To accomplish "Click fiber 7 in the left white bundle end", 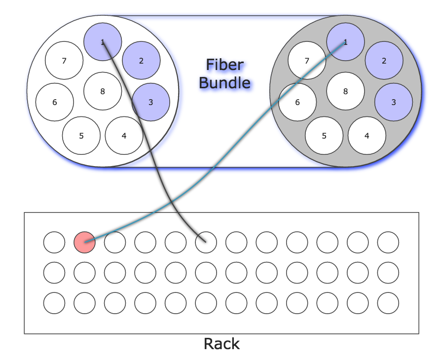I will tap(64, 61).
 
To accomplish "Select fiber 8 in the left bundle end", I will tap(103, 91).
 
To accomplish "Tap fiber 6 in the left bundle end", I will tap(54, 103).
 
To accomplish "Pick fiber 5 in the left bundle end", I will tap(81, 136).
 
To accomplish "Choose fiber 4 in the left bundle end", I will tap(124, 136).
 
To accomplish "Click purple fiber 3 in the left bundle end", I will tap(151, 103).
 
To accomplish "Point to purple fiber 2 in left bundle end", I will tap(141, 61).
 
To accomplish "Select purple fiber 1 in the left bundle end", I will tap(103, 42).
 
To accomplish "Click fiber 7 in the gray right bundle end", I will tap(307, 61).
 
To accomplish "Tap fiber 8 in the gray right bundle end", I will tap(345, 91).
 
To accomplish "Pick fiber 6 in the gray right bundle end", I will tap(297, 103).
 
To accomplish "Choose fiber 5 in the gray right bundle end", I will tap(324, 136).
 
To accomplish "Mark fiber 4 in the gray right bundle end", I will tap(366, 136).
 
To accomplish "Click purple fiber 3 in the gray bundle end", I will tap(394, 103).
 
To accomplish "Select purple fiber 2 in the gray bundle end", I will tap(384, 61).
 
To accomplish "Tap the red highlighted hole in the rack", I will tap(84, 242).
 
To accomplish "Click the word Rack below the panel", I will tap(221, 343).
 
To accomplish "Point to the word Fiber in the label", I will tap(224, 65).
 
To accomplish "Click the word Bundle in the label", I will tap(224, 82).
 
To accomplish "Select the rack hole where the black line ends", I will tap(206, 242).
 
